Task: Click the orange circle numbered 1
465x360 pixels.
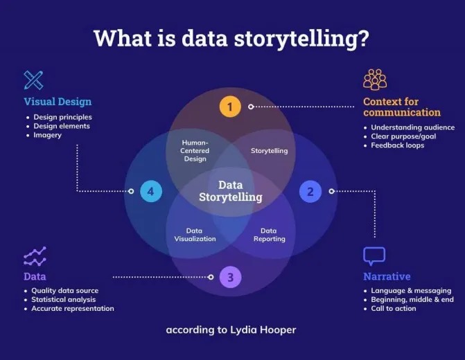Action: pos(229,107)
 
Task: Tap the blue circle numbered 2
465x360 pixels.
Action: pos(310,191)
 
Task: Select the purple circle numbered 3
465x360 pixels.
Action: pos(230,278)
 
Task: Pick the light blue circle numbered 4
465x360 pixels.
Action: pos(150,191)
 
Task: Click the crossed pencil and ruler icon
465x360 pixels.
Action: pos(33,80)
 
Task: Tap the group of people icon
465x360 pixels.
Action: pos(375,80)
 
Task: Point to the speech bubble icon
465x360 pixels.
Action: pos(374,256)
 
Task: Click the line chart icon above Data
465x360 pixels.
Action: pos(35,256)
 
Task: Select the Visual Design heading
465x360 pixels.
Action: pos(59,102)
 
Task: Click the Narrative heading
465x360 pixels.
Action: pos(387,276)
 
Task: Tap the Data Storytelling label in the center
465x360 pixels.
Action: pos(231,191)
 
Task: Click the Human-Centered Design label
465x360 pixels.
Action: pos(195,150)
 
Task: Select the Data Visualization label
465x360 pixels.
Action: pos(195,235)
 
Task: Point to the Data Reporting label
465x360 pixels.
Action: pos(268,235)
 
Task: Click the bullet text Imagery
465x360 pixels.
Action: pos(47,135)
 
